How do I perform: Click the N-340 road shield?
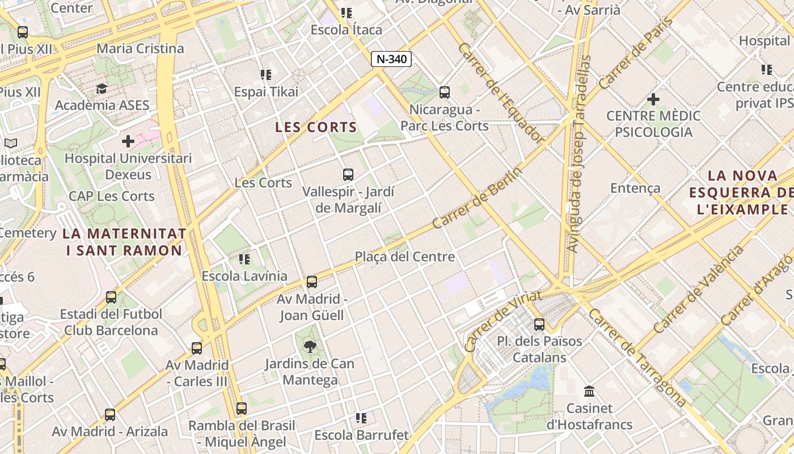(x=391, y=59)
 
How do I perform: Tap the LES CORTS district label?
(x=316, y=127)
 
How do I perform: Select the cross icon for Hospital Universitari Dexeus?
(x=128, y=141)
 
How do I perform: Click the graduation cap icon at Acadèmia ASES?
(x=102, y=89)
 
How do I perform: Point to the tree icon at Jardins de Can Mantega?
(x=310, y=346)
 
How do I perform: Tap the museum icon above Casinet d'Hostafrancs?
(x=589, y=392)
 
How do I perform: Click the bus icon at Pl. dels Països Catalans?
(x=539, y=325)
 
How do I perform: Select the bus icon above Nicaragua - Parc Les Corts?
(x=445, y=92)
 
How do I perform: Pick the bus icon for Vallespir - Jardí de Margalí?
(x=348, y=175)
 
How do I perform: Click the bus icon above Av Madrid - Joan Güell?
(x=311, y=281)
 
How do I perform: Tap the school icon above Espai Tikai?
(x=266, y=75)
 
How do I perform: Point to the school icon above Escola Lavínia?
(x=244, y=259)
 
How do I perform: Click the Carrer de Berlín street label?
(x=476, y=199)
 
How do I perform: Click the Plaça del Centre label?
(x=405, y=257)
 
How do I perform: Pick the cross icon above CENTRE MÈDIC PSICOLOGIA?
(x=653, y=100)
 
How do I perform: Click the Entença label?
(x=635, y=188)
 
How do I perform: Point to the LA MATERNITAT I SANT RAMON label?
(x=124, y=242)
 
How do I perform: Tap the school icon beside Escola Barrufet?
(x=361, y=418)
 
